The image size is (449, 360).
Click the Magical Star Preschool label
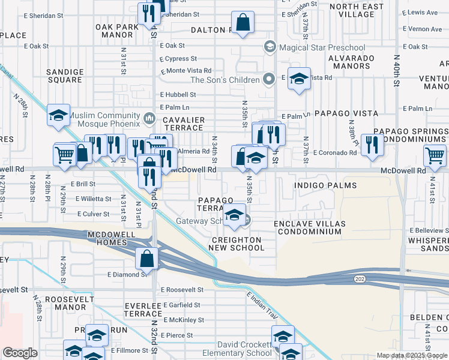tap(322, 47)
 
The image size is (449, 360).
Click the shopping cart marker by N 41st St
tap(435, 156)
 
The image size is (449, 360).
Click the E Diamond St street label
tap(127, 274)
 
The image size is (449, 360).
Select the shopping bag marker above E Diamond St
tap(147, 259)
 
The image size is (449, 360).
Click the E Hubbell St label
tap(178, 94)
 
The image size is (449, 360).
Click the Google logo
tap(20, 353)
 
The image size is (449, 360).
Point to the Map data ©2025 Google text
tap(411, 355)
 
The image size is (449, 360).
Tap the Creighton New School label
tap(236, 244)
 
